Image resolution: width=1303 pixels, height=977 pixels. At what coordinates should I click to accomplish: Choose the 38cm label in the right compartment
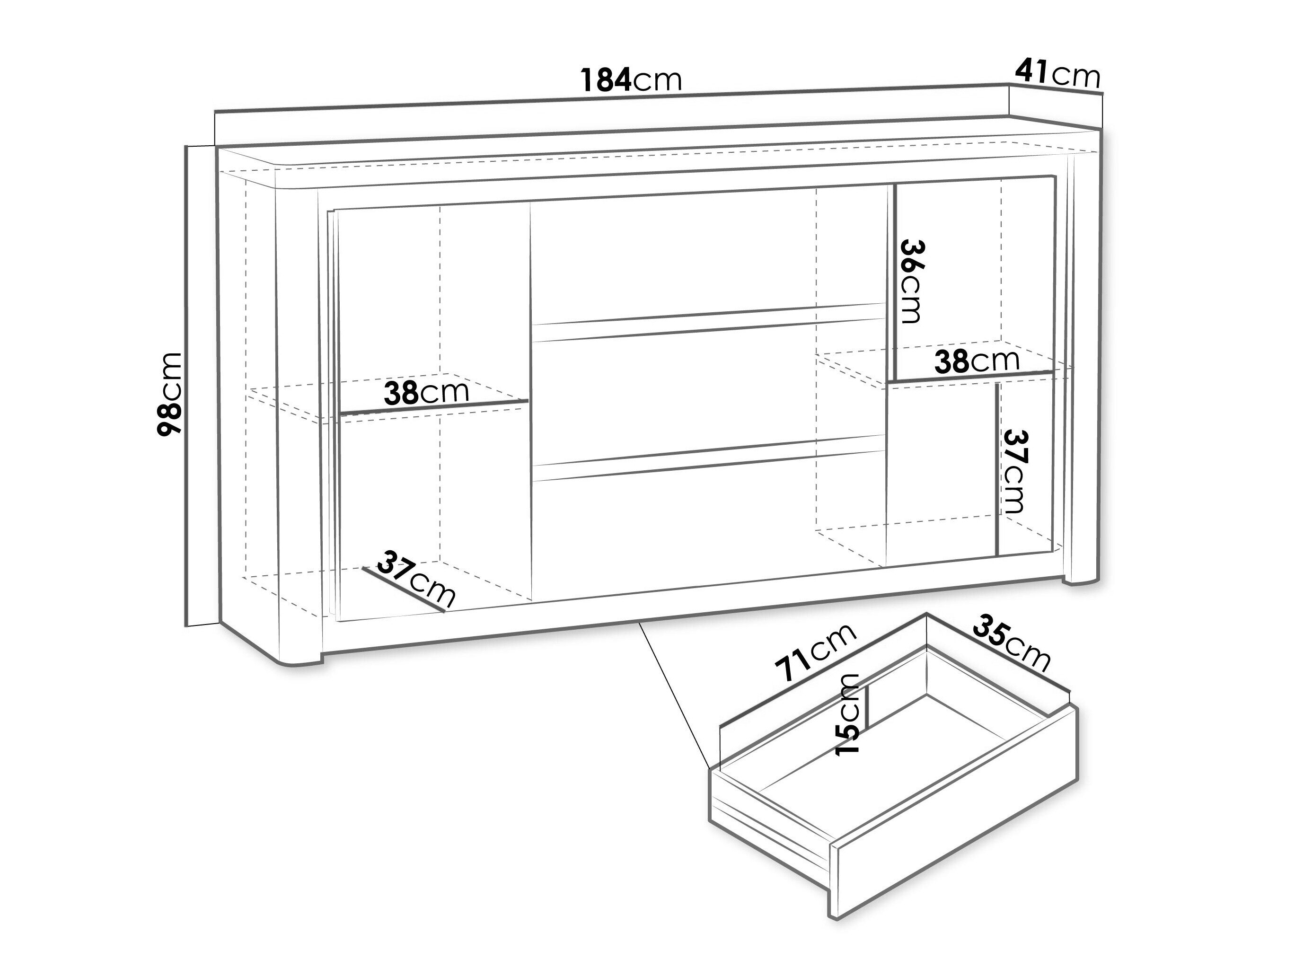(977, 361)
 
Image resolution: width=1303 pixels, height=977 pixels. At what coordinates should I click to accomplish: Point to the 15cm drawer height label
(849, 714)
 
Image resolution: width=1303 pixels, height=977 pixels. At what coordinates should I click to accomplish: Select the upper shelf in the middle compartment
(709, 322)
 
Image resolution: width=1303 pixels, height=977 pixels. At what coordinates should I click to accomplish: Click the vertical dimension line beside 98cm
(187, 386)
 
